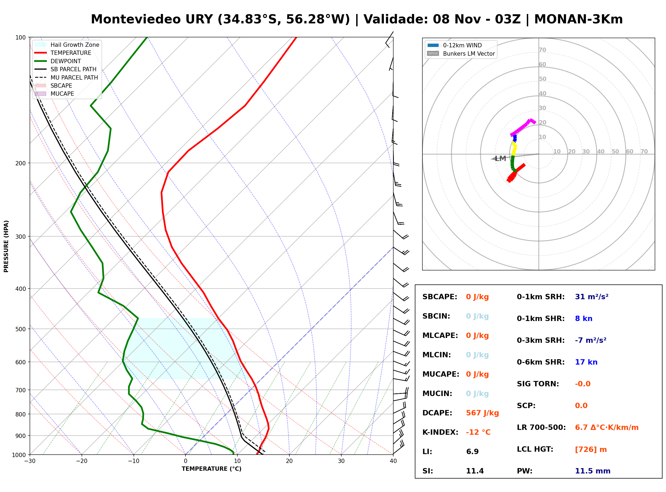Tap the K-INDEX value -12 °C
(x=478, y=432)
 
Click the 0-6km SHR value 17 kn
(x=586, y=362)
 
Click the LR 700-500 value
(x=607, y=428)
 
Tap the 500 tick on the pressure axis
(x=20, y=329)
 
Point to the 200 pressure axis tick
(x=20, y=163)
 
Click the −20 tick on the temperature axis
(x=81, y=461)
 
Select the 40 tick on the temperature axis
(x=393, y=461)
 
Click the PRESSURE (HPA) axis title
(x=6, y=246)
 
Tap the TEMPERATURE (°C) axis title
(x=211, y=469)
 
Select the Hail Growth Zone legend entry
(x=67, y=45)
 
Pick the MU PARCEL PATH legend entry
(x=66, y=77)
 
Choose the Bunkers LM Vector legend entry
(x=461, y=54)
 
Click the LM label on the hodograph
(x=500, y=158)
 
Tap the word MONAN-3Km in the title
(x=578, y=19)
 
